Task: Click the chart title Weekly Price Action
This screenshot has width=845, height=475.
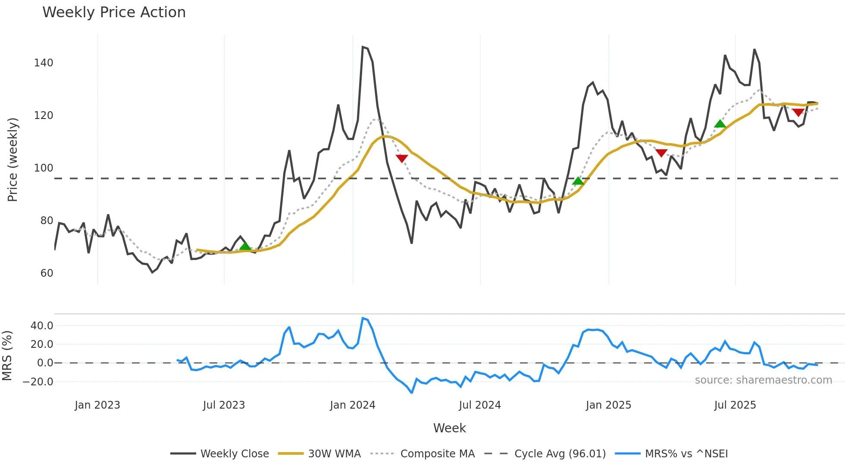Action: [x=114, y=12]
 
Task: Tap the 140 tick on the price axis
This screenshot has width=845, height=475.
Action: [x=44, y=63]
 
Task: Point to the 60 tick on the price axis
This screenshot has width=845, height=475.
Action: [x=47, y=273]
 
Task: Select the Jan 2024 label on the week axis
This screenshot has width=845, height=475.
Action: [x=352, y=405]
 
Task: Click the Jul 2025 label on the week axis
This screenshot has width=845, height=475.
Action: [x=735, y=405]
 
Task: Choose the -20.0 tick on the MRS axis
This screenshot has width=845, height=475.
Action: [x=38, y=382]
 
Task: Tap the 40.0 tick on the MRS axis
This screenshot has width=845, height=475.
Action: [x=42, y=326]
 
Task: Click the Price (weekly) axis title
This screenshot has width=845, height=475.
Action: [x=13, y=159]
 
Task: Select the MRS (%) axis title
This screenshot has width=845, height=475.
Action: [x=7, y=356]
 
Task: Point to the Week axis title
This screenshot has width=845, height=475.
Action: [x=449, y=428]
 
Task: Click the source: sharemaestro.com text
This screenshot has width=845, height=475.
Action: [x=763, y=380]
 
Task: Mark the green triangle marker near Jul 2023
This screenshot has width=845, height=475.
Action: [x=245, y=247]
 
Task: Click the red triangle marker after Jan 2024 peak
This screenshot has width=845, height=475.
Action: [x=401, y=159]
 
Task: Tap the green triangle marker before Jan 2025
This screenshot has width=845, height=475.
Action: [x=578, y=181]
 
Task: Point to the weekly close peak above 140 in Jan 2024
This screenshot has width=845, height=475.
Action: [x=363, y=47]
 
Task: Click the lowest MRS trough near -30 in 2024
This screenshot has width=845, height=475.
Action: [x=412, y=393]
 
